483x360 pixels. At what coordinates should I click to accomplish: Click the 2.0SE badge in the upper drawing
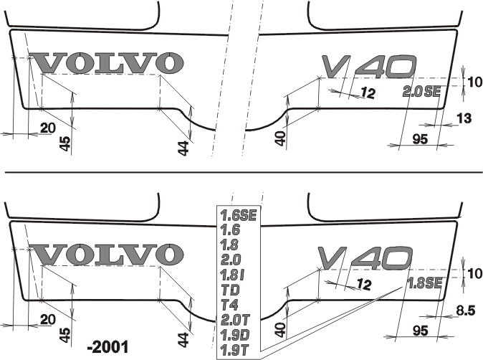point(421,92)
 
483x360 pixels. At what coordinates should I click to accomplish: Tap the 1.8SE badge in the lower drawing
point(424,283)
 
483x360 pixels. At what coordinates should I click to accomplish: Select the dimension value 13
point(464,118)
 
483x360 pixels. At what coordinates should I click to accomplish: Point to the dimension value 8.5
point(465,311)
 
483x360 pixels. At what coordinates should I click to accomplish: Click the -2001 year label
point(107,347)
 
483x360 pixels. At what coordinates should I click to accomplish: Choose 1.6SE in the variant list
point(239,215)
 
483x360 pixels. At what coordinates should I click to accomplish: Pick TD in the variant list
point(231,290)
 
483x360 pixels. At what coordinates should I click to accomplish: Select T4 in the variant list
point(230,305)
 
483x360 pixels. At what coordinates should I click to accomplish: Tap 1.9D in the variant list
point(235,335)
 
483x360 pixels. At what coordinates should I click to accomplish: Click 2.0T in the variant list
point(235,321)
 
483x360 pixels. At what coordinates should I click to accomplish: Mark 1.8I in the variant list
point(233,275)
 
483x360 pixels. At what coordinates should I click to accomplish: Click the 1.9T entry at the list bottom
point(234,350)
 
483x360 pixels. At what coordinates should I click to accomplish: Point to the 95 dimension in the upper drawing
point(420,139)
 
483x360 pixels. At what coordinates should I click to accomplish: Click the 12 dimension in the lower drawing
point(365,284)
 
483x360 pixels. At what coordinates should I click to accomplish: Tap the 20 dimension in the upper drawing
point(48,128)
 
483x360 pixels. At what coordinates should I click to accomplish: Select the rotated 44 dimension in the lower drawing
point(183,340)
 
